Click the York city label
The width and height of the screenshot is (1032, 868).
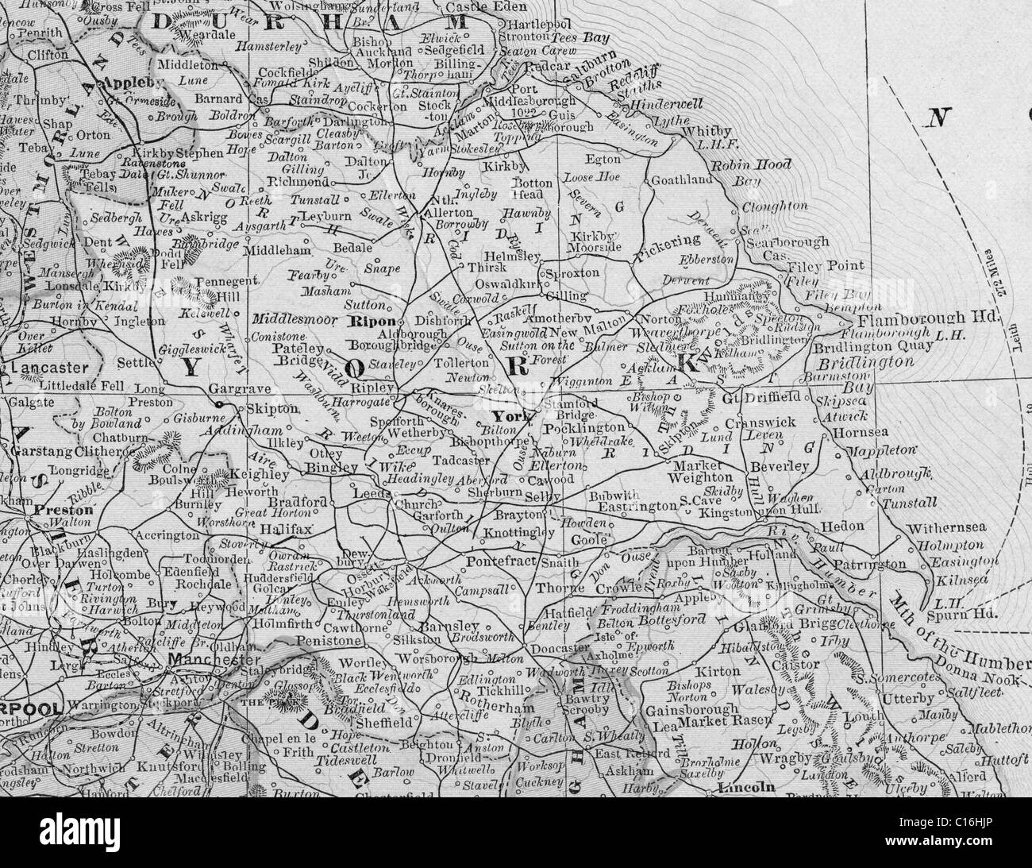click(505, 416)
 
